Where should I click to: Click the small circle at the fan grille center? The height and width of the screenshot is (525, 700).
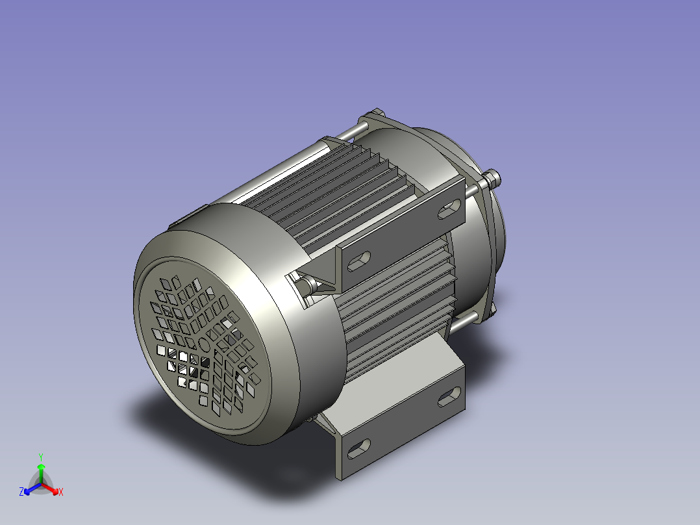pos(204,344)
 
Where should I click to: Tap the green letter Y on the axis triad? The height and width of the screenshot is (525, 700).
pos(40,457)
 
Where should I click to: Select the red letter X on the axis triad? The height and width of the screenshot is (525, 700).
pos(60,492)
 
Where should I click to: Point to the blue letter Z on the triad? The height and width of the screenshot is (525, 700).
pos(21,492)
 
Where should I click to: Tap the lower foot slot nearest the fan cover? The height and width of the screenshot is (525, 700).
pos(358,448)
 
